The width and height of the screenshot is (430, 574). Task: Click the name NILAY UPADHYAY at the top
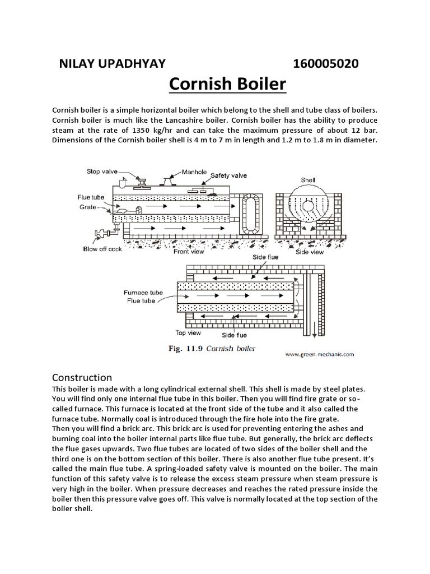pyautogui.click(x=112, y=63)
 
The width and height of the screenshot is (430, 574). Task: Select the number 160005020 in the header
pyautogui.click(x=326, y=63)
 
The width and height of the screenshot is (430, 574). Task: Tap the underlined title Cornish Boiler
pyautogui.click(x=227, y=86)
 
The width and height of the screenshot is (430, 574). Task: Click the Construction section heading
pyautogui.click(x=82, y=377)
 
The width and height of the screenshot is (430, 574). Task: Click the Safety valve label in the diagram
pyautogui.click(x=228, y=175)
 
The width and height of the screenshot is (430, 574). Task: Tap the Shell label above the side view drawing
pyautogui.click(x=309, y=181)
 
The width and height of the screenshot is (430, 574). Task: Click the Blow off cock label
pyautogui.click(x=102, y=249)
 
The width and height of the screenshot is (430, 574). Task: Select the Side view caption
pyautogui.click(x=310, y=252)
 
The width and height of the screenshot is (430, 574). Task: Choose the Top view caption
pyautogui.click(x=188, y=332)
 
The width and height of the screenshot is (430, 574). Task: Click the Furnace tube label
pyautogui.click(x=143, y=293)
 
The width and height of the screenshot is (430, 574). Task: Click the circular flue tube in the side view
pyautogui.click(x=308, y=206)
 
